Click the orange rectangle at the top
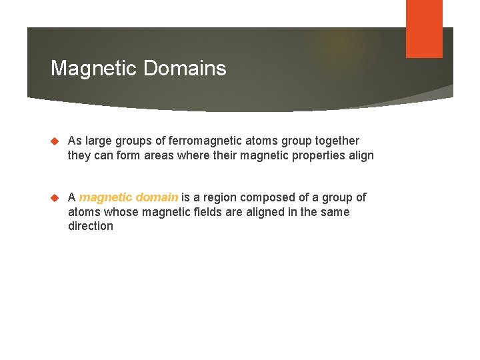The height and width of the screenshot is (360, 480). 424,29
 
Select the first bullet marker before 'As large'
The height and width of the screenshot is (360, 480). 56,141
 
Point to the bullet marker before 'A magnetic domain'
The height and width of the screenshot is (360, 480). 56,198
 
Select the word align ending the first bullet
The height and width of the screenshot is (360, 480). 360,155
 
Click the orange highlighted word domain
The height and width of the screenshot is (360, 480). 158,197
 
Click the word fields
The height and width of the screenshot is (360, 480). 205,212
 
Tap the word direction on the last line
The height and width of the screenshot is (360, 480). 91,226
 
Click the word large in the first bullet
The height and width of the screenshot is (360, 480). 98,141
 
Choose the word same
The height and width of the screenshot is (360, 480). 335,212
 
